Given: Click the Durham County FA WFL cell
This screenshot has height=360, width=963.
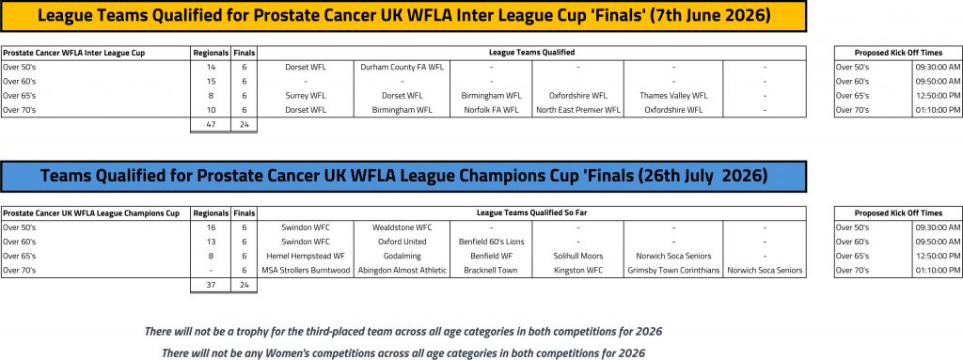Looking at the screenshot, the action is point(402,67).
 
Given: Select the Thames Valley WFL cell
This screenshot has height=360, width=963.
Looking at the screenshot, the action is point(673,95).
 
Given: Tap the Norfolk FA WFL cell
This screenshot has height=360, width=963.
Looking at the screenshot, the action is point(491,110).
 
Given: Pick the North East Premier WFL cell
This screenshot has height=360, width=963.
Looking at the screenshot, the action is point(578,110).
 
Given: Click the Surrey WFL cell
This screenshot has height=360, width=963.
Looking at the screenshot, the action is point(306,95).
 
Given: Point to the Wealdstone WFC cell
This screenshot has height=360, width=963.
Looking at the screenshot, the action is point(402,227).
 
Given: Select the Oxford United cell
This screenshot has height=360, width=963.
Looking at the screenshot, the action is point(402,242).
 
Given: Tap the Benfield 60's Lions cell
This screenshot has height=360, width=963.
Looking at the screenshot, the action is point(491,242).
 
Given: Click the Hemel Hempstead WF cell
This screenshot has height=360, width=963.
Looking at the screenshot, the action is point(306,256).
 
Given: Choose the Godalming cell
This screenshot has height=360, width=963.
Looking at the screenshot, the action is point(402,256).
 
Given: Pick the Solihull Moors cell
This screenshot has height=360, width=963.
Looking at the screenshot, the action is point(578,256).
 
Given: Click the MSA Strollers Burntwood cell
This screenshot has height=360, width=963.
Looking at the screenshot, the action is point(306,271).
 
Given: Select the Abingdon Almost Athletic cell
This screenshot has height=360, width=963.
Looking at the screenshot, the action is point(402,271).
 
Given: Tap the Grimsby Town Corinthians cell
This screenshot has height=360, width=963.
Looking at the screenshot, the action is point(673,271).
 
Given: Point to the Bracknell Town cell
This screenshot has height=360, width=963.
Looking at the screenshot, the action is point(491,271).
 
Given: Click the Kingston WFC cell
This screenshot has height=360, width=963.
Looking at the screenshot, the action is point(578,271).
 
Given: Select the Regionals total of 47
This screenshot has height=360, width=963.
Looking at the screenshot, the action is point(211,124).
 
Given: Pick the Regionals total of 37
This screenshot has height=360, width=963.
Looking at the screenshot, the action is point(211,285).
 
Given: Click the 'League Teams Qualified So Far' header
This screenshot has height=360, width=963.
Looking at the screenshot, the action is point(531,213).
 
